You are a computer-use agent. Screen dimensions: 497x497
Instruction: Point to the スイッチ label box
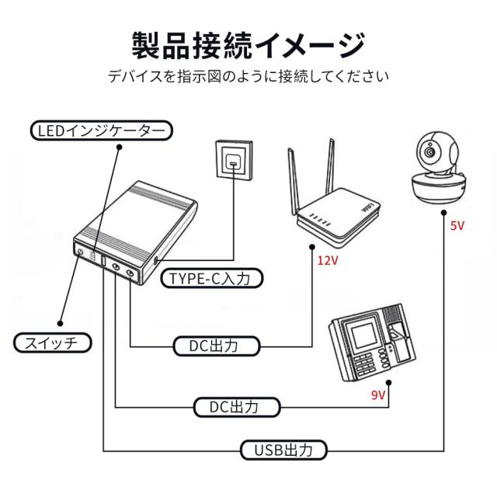53,342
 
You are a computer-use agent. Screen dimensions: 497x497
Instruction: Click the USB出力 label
282,449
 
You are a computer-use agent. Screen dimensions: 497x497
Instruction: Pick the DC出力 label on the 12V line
214,345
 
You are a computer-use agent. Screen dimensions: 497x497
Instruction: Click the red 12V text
328,260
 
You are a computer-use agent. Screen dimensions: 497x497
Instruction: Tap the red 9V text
378,394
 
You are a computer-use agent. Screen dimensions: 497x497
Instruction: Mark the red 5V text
457,226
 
